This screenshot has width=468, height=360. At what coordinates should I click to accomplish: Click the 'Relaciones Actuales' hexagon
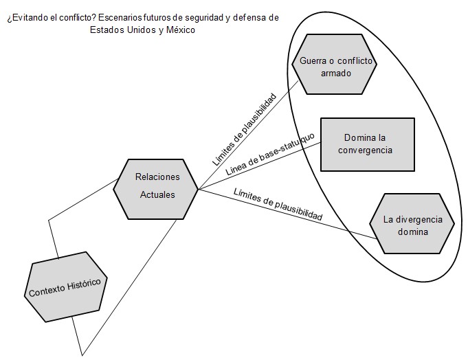point(155,189)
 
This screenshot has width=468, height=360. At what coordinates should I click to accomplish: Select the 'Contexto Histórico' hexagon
point(66,287)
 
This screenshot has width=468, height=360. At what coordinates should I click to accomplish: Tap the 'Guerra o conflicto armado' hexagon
point(334,64)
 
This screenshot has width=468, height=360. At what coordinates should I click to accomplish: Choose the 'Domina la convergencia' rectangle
point(368,144)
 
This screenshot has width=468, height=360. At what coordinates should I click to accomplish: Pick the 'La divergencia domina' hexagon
point(412,224)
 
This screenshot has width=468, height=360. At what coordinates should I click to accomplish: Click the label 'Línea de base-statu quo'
point(270,154)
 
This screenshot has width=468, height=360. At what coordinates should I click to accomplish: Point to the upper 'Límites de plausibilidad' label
point(245,130)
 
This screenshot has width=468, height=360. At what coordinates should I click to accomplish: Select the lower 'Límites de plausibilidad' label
point(278,204)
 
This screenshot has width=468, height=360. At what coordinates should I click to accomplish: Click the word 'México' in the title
point(181,30)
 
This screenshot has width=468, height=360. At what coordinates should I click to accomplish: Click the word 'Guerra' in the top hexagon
point(313,61)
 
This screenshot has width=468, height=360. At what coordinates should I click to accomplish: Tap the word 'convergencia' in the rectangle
point(365,150)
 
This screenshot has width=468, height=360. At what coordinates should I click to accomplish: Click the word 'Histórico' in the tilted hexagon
point(84,285)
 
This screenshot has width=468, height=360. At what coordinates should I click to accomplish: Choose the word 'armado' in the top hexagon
point(336,74)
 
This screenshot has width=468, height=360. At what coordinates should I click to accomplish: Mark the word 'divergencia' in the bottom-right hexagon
point(419,220)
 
